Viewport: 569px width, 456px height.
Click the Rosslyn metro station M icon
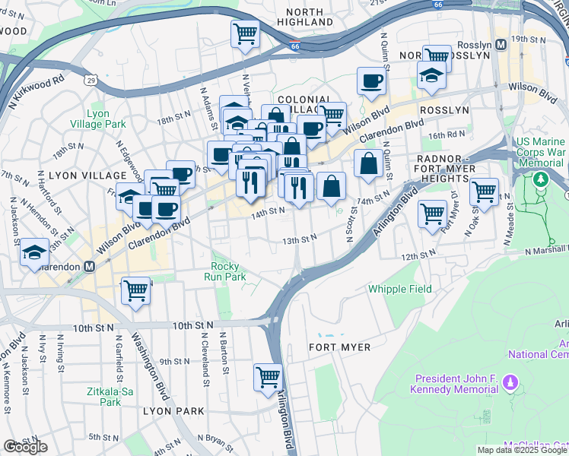[501, 44]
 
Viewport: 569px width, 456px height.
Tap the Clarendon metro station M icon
[89, 267]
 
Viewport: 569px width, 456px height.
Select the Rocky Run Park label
[225, 272]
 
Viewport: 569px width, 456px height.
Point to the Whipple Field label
[400, 289]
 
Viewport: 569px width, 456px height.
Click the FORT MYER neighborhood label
[339, 347]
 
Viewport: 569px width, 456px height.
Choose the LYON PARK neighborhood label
[173, 411]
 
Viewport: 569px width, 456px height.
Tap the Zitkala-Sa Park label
[105, 397]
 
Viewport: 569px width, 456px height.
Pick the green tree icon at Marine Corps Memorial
[540, 180]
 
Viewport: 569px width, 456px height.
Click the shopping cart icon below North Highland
[245, 33]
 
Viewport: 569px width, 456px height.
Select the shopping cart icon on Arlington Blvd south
[268, 377]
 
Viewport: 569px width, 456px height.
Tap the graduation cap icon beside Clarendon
[33, 253]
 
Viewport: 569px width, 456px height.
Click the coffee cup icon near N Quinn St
[371, 81]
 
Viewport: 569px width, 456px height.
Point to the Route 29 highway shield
[91, 79]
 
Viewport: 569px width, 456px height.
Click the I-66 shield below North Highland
[294, 46]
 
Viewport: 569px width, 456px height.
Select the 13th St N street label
[299, 239]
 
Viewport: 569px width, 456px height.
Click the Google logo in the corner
[25, 447]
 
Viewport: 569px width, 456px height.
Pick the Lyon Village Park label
[106, 119]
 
